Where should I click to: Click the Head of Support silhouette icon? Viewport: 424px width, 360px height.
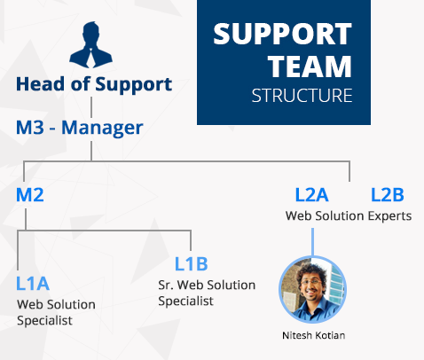(x=90, y=44)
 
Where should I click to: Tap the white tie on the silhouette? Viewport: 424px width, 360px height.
(x=90, y=58)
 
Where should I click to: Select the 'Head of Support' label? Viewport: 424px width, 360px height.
(x=94, y=84)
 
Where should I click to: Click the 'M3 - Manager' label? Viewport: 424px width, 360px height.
(x=80, y=128)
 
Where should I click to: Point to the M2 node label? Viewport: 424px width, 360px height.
(x=30, y=195)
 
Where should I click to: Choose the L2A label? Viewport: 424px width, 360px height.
(x=311, y=195)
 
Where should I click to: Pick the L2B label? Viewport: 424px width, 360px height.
(x=388, y=195)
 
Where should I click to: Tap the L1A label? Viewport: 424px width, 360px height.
(x=33, y=284)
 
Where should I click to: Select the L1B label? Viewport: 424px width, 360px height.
(x=192, y=263)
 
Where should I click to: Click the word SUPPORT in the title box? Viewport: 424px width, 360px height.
(x=282, y=34)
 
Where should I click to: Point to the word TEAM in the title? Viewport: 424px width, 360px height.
(x=310, y=67)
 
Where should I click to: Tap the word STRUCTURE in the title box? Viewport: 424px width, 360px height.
(x=302, y=96)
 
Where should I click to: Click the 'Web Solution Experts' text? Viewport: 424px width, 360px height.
(x=349, y=216)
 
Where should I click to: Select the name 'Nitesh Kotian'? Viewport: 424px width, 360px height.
(x=314, y=335)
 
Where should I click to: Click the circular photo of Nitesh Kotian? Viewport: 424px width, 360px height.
(x=313, y=289)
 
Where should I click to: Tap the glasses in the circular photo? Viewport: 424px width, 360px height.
(x=311, y=281)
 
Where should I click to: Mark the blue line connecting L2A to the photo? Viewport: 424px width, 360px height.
(x=312, y=242)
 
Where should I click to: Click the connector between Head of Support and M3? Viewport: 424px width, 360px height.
(x=91, y=107)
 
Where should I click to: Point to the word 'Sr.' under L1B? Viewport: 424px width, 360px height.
(x=166, y=286)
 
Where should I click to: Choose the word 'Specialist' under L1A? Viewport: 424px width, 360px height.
(x=44, y=321)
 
